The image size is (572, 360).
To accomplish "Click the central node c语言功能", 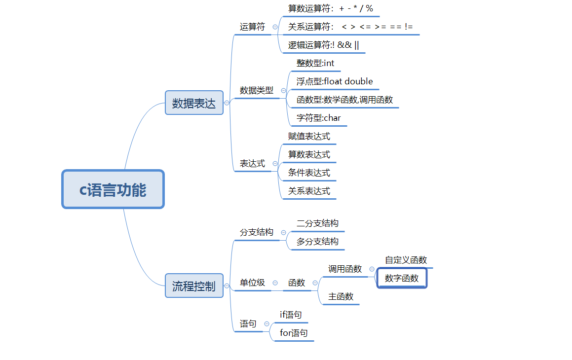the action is click(113, 189).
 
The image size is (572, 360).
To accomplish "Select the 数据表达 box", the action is click(194, 103).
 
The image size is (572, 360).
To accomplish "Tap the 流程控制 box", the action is click(194, 286).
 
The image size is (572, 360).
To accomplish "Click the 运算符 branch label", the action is click(252, 27).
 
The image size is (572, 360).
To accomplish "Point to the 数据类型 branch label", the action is click(256, 91).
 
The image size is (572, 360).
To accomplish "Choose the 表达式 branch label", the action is click(252, 164).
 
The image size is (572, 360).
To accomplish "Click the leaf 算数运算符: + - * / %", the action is click(330, 8).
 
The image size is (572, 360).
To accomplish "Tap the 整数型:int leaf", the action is click(315, 63).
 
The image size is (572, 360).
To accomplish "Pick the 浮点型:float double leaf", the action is click(335, 81).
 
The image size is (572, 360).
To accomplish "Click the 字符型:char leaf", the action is click(318, 118).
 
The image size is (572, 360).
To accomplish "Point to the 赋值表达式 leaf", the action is click(309, 136).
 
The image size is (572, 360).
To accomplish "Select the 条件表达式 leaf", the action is click(309, 173).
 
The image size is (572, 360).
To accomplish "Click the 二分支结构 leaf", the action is click(317, 223).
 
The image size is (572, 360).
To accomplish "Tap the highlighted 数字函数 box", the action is click(402, 278).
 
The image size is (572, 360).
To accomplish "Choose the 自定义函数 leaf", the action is click(406, 260).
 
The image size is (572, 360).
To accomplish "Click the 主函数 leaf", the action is click(341, 296).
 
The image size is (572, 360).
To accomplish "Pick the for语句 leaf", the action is click(294, 333).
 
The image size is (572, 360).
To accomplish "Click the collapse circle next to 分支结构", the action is click(283, 232).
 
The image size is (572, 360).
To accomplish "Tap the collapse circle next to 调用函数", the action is click(372, 269).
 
